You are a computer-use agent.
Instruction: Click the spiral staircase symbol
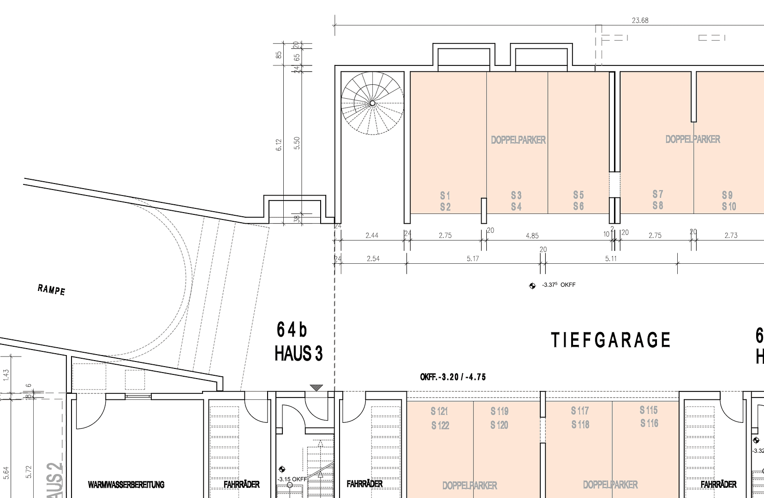point(372,103)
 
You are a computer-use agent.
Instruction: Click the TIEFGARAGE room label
point(610,340)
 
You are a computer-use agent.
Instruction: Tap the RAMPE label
point(51,290)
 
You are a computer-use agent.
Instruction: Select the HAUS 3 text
point(298,354)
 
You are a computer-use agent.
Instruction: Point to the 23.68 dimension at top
point(640,20)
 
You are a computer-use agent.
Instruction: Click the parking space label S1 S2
point(445,202)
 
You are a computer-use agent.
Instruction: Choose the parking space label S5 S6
point(579,201)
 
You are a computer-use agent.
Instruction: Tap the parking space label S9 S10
point(728,201)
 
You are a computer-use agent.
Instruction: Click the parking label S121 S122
point(440,418)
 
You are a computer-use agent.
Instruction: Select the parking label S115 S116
point(649,416)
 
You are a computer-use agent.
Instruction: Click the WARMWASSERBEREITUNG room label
point(126,485)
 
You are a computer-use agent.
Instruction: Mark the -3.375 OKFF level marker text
point(558,285)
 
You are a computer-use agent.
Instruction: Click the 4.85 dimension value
point(532,236)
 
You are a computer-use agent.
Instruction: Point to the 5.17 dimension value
point(472,259)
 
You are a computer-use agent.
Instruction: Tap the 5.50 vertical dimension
point(297,143)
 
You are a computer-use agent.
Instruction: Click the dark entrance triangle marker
point(316,388)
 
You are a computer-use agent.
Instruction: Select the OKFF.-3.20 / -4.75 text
point(453,377)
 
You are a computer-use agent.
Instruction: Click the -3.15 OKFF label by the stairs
point(292,479)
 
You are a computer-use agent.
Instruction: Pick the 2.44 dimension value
point(371,236)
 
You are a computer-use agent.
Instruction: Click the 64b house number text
point(292,330)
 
